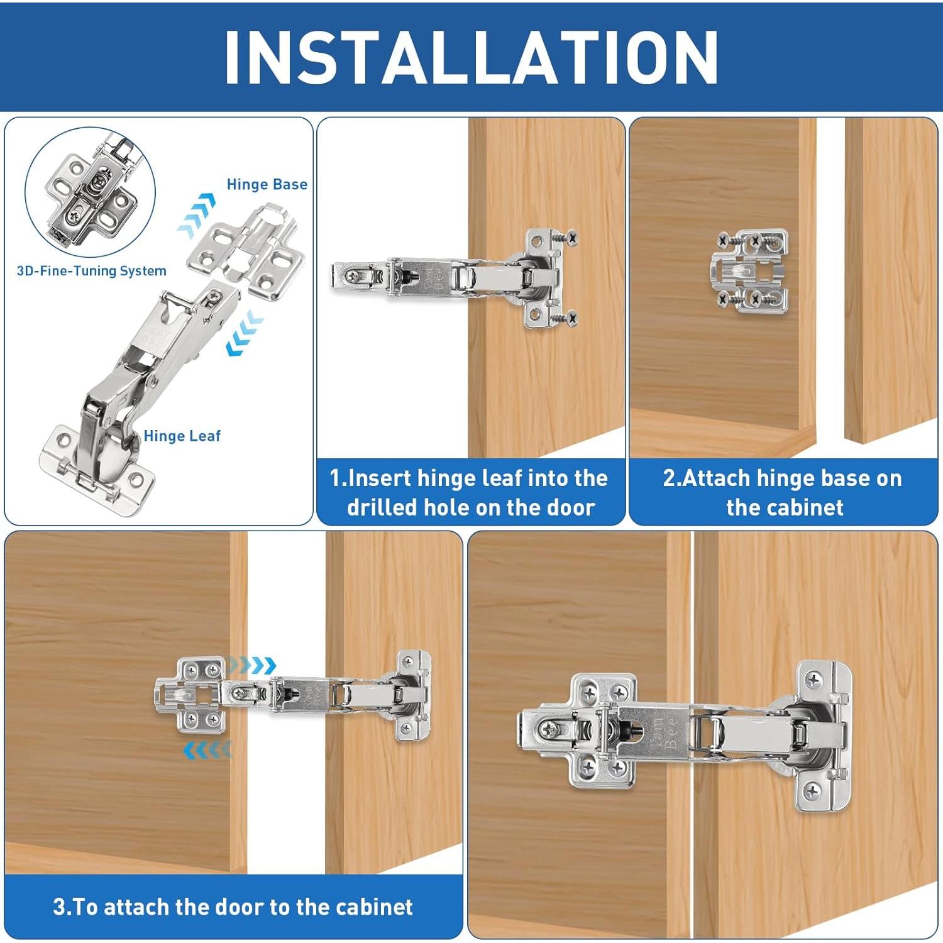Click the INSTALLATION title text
[x=471, y=57]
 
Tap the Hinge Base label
[x=267, y=184]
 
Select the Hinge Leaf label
[x=182, y=436]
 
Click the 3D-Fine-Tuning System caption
[x=91, y=271]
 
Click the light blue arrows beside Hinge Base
[x=196, y=214]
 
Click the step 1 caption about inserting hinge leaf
[x=470, y=492]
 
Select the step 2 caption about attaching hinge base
[x=783, y=492]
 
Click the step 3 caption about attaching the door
[x=233, y=907]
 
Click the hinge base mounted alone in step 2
[x=752, y=270]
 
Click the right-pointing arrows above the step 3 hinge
[x=251, y=665]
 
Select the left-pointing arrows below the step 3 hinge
[x=207, y=749]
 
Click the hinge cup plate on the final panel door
[x=824, y=736]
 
